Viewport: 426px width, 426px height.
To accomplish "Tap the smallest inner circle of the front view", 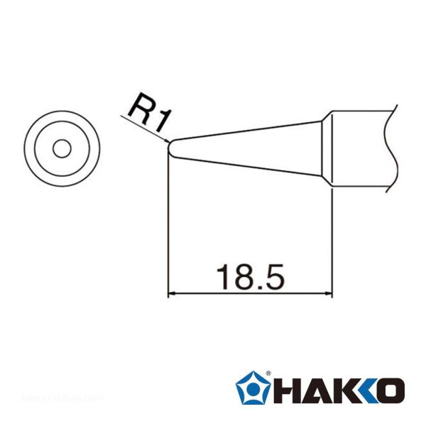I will (x=62, y=149).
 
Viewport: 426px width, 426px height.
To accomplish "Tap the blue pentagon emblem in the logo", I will (x=253, y=389).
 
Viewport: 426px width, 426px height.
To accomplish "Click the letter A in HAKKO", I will (x=313, y=390).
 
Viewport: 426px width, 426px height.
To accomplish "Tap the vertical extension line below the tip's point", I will (x=168, y=227).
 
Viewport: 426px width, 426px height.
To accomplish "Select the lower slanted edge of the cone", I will (x=248, y=168).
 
